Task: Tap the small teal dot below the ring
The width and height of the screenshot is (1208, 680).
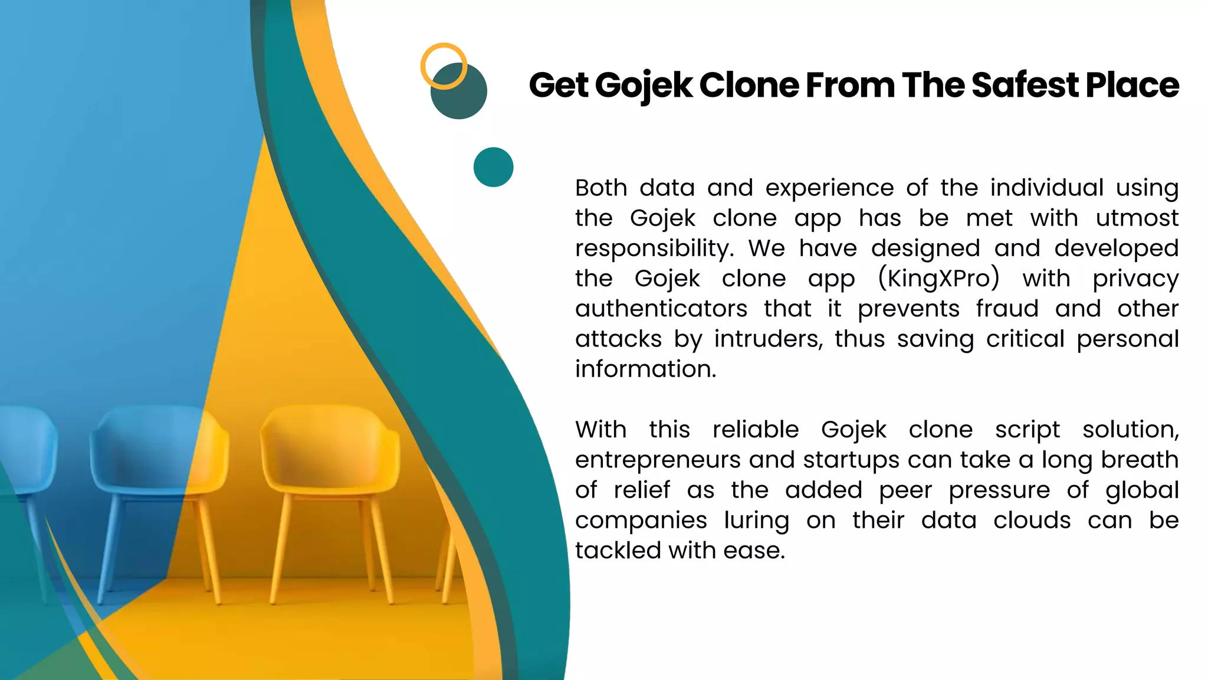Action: [x=493, y=167]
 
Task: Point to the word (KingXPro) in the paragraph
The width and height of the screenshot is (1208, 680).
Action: [x=938, y=279]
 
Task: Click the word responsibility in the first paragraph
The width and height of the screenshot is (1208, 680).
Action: [x=654, y=249]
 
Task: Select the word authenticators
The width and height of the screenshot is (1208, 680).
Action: [x=661, y=309]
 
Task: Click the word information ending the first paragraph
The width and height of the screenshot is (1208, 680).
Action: [x=645, y=369]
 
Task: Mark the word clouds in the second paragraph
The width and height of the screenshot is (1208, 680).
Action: [x=1032, y=520]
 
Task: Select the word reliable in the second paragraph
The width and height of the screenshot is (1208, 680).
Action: [x=755, y=430]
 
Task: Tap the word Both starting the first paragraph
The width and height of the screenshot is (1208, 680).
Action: [x=601, y=188]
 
